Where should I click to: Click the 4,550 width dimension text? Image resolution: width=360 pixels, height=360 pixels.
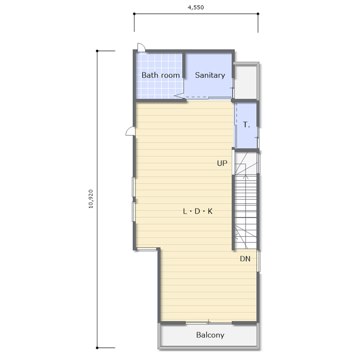195,7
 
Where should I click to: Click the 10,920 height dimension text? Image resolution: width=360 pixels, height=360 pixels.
91,199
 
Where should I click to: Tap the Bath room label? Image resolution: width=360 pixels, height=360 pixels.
160,75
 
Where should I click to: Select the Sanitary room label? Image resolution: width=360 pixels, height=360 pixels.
210,75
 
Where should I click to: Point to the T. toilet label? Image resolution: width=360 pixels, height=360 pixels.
246,124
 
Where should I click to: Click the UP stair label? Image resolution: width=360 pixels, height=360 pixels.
222,163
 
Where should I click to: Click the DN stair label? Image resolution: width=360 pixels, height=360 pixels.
245,259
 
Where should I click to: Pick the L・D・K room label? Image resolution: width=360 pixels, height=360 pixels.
197,211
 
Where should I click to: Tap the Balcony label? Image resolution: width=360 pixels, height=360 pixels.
210,335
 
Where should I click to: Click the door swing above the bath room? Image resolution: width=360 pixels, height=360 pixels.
141,47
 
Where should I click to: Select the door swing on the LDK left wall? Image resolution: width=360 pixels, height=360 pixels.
130,131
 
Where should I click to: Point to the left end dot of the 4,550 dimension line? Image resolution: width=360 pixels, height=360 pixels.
134,14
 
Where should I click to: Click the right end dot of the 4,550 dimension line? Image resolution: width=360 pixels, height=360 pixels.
258,14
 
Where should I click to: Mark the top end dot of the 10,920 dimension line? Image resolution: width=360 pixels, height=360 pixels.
97,51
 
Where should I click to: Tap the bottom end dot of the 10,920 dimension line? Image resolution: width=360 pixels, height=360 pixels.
97,348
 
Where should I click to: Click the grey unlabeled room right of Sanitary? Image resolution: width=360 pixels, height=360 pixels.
246,82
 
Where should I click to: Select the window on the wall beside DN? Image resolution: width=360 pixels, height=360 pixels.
258,261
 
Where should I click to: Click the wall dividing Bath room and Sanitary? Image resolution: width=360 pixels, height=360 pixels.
184,65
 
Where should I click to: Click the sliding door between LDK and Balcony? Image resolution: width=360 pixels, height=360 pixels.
209,323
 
